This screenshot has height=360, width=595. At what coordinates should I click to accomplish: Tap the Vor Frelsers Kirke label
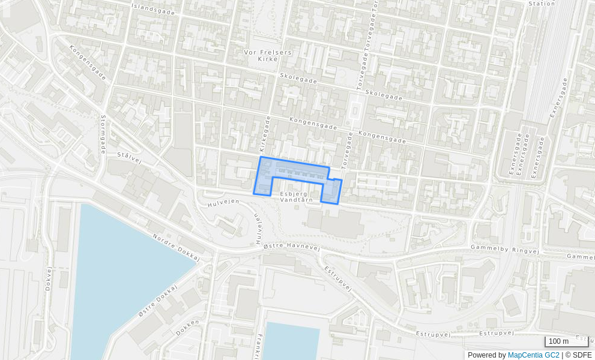268,55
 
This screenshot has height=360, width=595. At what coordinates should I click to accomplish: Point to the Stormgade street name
103,134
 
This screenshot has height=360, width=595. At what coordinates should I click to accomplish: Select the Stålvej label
129,157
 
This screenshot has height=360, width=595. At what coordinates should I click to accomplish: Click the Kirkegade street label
264,133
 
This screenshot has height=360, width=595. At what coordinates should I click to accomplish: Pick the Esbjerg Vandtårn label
294,196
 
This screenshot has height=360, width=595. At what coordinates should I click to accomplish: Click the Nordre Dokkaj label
175,247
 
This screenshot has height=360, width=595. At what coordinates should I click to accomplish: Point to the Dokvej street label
49,278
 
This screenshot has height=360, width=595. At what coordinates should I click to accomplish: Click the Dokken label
188,327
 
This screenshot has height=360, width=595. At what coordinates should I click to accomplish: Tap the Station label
542,4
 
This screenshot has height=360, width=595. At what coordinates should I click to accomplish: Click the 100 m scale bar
566,341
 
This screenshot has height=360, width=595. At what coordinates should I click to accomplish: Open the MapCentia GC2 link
533,355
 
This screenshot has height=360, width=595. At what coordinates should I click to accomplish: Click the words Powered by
486,355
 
